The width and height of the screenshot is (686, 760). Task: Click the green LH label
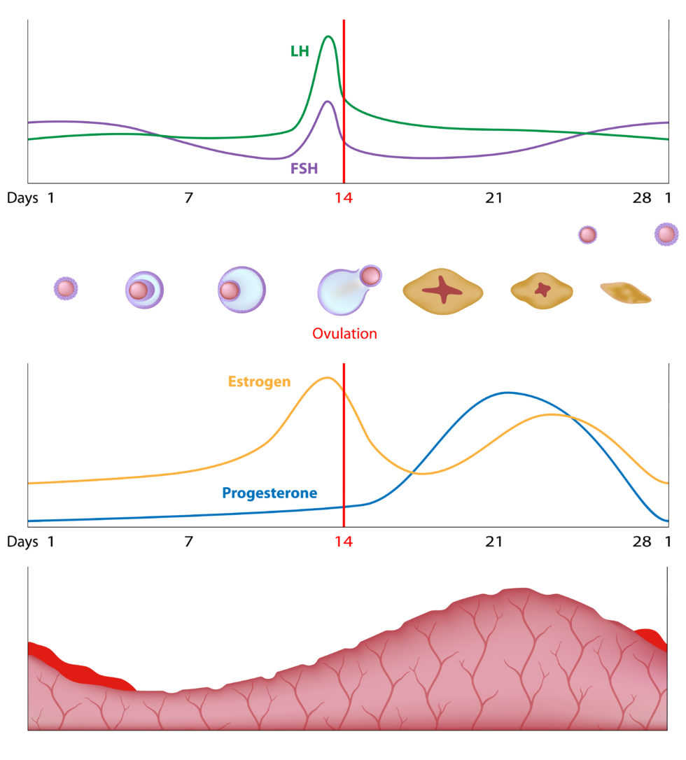[x=300, y=51]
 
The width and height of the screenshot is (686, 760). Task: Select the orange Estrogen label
[x=259, y=381]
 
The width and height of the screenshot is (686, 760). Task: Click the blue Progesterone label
[x=269, y=493]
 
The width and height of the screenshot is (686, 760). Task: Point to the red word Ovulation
[x=344, y=334]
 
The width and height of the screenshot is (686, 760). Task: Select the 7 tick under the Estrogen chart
[x=188, y=542]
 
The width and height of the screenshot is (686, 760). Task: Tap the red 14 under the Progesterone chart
[x=343, y=542]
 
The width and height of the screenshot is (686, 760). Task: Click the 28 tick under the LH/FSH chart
[x=642, y=198]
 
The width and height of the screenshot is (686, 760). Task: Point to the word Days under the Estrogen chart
[x=22, y=542]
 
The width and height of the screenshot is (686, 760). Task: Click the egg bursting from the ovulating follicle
[x=371, y=276]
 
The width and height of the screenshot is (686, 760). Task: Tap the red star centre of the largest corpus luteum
[x=442, y=290]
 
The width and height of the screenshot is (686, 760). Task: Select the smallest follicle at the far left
[x=66, y=288]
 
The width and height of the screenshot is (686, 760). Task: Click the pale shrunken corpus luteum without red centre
[x=626, y=293]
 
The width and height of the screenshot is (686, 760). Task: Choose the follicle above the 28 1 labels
[x=666, y=234]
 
